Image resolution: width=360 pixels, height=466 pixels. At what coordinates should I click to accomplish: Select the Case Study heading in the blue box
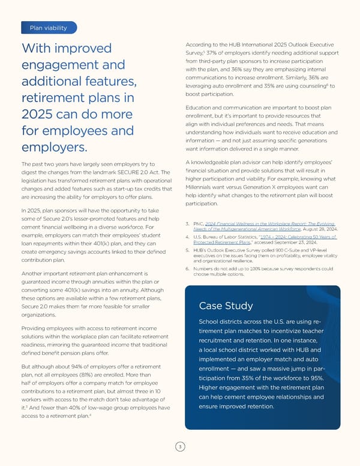click(223, 306)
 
